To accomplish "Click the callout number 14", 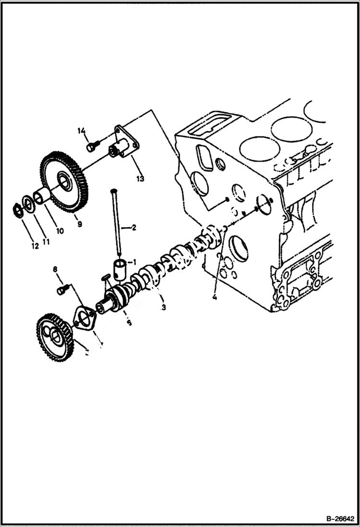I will coord(81,131).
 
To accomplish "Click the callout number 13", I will coord(139,178).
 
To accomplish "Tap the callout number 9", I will coord(79,223).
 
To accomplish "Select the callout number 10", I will coord(60,231).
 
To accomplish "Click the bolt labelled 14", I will coord(92,145).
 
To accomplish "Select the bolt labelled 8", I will coord(62,290).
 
